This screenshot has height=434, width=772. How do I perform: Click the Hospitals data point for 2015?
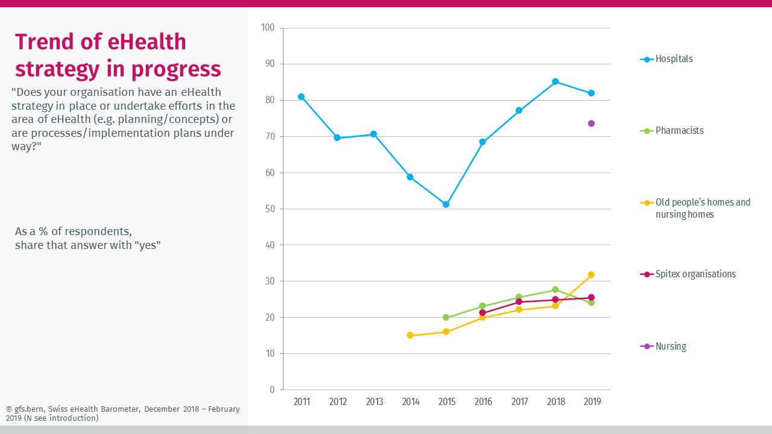point(446,204)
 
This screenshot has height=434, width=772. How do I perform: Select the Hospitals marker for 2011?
point(301,96)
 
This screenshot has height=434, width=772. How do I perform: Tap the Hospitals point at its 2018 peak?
point(555,81)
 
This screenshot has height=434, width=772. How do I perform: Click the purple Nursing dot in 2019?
point(592,124)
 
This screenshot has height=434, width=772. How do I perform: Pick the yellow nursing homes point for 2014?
point(410,335)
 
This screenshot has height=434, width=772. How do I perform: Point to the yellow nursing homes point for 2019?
point(592,275)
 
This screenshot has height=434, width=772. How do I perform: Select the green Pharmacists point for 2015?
point(446,318)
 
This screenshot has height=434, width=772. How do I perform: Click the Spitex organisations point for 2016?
point(482,313)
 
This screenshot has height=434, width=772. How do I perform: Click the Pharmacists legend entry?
point(679,131)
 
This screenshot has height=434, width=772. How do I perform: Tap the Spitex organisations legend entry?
point(695,274)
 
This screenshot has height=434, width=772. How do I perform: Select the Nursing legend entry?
point(671,347)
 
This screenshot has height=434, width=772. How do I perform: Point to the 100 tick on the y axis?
point(268,28)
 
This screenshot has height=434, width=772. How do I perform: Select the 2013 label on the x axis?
point(374,402)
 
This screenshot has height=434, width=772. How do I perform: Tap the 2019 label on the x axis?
point(592,402)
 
